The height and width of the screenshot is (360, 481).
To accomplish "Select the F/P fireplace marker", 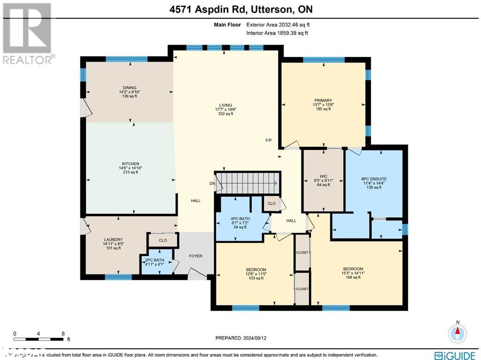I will pos(269,141).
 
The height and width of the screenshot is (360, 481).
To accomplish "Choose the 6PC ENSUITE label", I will pos(374,179).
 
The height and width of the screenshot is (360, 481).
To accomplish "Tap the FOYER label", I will pos(195,256).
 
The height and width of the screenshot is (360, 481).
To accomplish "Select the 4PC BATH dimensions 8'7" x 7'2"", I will pos(240,223).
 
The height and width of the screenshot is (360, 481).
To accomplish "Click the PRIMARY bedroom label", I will pos(323,100).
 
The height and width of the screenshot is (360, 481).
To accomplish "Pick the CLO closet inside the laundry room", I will pos(163,240).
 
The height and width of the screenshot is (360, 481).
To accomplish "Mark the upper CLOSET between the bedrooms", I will pos(302,252).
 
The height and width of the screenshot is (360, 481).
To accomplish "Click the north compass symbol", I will pos(457,333).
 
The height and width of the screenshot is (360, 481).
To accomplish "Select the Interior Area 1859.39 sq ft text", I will pos(277,33).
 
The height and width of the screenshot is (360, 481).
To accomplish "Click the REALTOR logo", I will pos(28,33).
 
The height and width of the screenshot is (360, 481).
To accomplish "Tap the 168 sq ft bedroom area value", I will pos(353,277).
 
